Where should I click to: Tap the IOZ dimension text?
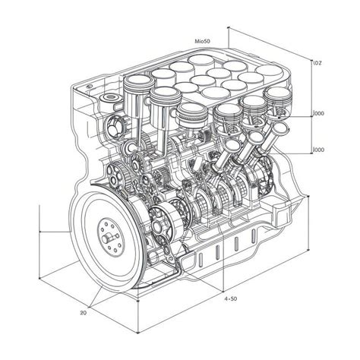(x=319, y=65)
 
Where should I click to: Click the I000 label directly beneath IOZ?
(x=319, y=114)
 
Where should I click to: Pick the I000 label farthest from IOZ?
(x=319, y=150)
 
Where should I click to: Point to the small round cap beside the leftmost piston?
(x=110, y=101)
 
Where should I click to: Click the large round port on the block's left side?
(x=115, y=125)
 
